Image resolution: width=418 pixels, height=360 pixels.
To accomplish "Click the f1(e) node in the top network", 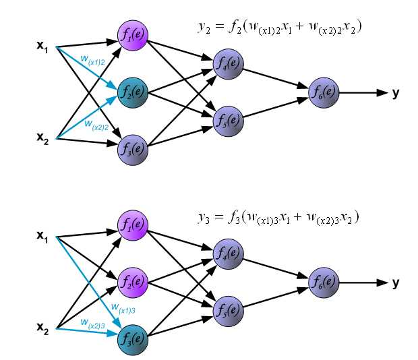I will tap(132, 36).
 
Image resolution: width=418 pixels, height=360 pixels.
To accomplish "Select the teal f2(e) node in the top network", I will tap(132, 91).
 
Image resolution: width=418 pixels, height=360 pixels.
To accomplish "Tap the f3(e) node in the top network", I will tap(132, 146).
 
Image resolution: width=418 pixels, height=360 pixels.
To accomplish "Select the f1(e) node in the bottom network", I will tap(132, 225).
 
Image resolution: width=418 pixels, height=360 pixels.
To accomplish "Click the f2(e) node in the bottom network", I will tap(132, 280).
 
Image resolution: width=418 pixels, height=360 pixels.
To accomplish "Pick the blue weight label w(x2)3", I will tap(92, 322).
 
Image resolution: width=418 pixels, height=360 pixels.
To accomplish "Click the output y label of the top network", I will tap(396, 92).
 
